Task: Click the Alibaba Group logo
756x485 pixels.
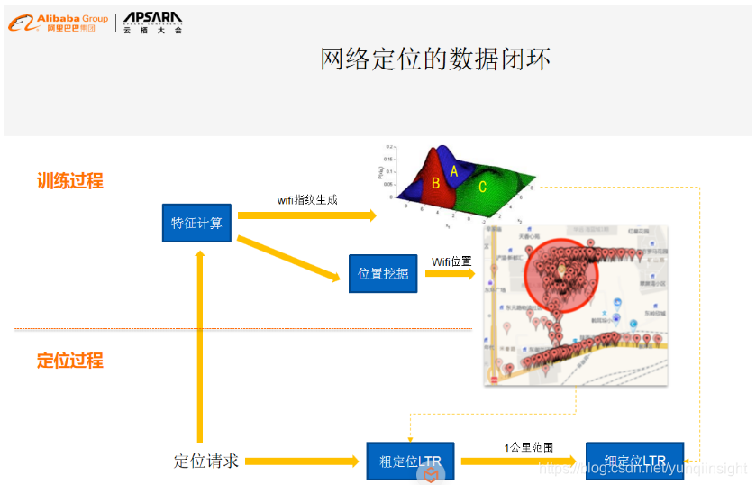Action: click(x=58, y=23)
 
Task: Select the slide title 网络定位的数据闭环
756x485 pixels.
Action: click(x=435, y=59)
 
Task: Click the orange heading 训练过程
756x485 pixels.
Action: click(x=70, y=181)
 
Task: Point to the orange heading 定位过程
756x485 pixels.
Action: click(x=70, y=361)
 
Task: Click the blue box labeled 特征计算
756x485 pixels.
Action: click(x=196, y=223)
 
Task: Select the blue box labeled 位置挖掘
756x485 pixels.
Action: click(x=383, y=273)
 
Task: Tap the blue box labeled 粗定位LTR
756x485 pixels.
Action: click(x=410, y=462)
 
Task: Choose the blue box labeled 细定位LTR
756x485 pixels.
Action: click(x=634, y=462)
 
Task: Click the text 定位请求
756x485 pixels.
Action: click(x=206, y=462)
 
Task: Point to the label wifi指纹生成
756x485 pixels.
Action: click(x=307, y=199)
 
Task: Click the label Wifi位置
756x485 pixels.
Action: click(x=451, y=261)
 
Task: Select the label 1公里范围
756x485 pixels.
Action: click(x=529, y=447)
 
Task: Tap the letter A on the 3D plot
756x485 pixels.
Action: click(x=454, y=170)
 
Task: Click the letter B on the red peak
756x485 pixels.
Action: click(x=435, y=183)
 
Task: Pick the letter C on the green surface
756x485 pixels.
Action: click(x=482, y=187)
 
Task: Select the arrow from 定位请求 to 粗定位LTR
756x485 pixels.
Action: click(x=302, y=462)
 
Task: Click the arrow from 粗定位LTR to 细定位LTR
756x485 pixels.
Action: click(x=518, y=462)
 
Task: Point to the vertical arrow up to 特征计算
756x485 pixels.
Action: click(x=200, y=343)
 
